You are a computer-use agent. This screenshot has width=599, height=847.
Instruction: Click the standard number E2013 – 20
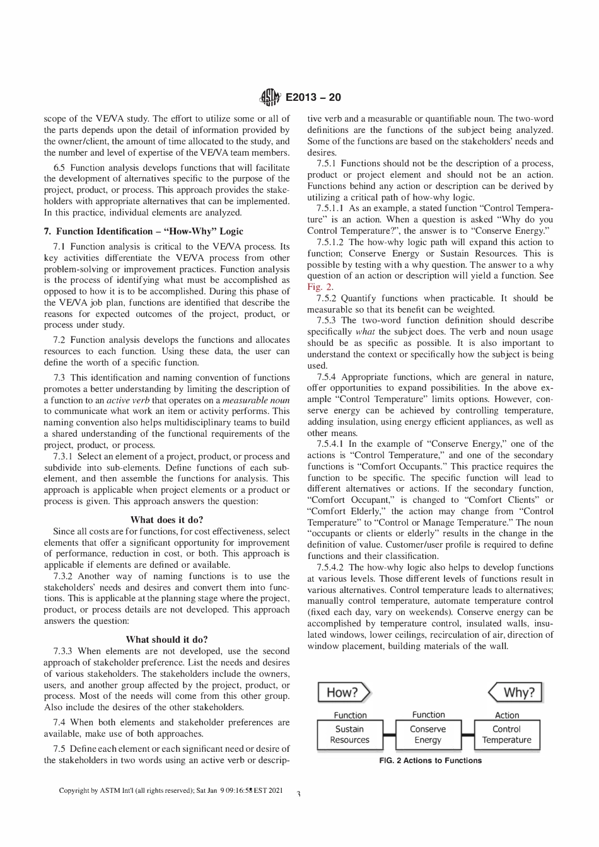tap(313, 97)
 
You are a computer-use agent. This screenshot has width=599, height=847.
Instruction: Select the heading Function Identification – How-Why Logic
tap(143, 231)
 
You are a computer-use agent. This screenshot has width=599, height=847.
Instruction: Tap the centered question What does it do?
tap(166, 520)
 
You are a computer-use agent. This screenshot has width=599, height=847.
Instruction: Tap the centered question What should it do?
tap(166, 640)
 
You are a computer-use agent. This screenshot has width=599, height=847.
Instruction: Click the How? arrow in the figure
tap(343, 692)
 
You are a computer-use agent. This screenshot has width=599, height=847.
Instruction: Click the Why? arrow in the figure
tap(516, 692)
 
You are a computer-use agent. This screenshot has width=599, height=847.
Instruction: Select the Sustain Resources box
tap(350, 735)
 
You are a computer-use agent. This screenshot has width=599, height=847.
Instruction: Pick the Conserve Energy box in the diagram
tap(428, 735)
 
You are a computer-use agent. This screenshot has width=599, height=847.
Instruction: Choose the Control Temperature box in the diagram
tap(506, 735)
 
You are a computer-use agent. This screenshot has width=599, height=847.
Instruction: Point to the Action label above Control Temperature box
tap(506, 715)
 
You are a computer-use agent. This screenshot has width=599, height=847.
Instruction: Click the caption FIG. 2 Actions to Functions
tap(430, 761)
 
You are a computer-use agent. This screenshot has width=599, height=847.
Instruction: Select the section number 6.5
tap(61, 168)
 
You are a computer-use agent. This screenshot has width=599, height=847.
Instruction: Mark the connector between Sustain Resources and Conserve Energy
tap(389, 735)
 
